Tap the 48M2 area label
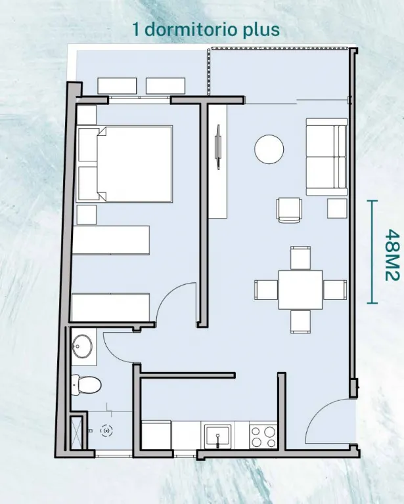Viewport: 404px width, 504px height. pyautogui.click(x=392, y=255)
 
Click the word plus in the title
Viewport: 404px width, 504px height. pyautogui.click(x=261, y=31)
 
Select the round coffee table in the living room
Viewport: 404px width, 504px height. pyautogui.click(x=269, y=150)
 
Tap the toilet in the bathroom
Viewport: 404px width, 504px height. pyautogui.click(x=86, y=385)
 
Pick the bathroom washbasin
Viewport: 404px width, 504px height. pyautogui.click(x=82, y=346)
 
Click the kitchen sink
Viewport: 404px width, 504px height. pyautogui.click(x=218, y=436)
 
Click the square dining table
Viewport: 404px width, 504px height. pyautogui.click(x=300, y=289)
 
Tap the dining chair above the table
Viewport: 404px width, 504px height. pyautogui.click(x=300, y=258)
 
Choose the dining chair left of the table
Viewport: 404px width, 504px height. pyautogui.click(x=266, y=289)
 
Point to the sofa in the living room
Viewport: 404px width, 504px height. pyautogui.click(x=326, y=157)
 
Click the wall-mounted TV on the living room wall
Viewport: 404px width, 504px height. pyautogui.click(x=218, y=147)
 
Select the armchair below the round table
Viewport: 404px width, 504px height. pyautogui.click(x=289, y=210)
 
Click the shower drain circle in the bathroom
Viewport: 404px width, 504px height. pyautogui.click(x=106, y=430)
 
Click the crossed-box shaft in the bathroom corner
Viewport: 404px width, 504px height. pyautogui.click(x=77, y=432)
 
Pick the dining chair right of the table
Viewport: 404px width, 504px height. pyautogui.click(x=335, y=289)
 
